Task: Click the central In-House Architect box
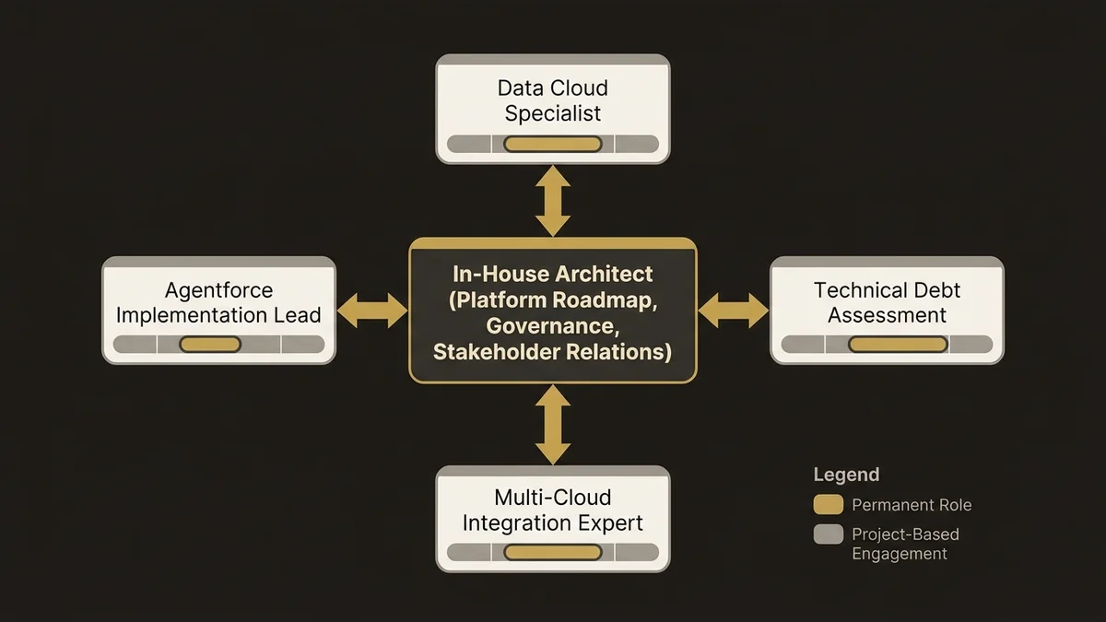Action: pos(553,311)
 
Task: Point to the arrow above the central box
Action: pos(553,201)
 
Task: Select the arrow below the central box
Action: pos(553,425)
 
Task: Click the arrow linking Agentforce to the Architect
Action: pos(372,311)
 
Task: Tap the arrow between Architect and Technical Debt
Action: pos(734,311)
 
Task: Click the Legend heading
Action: pos(846,475)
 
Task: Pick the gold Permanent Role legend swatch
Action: pos(829,505)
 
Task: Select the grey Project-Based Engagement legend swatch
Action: pos(829,534)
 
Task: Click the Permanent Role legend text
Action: pos(912,505)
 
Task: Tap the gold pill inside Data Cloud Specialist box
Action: pos(553,144)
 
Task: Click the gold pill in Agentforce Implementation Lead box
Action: pos(210,345)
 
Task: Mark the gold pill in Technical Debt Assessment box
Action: pos(898,345)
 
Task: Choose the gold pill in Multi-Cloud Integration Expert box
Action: pos(553,552)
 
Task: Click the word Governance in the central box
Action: pos(552,326)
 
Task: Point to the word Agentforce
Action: pos(218,290)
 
